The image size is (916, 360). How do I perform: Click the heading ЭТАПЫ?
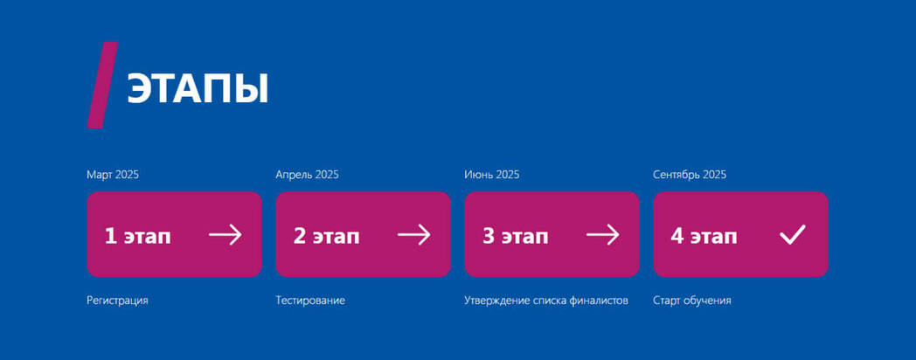[x=198, y=89]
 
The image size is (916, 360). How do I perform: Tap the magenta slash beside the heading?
[x=102, y=85]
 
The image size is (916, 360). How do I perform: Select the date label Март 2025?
[x=113, y=175]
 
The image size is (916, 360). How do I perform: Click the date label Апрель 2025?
[x=308, y=175]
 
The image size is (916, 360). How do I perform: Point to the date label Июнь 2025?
[x=492, y=175]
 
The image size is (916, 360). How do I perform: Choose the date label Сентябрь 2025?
[x=690, y=175]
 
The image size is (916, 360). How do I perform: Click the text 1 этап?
[x=138, y=236]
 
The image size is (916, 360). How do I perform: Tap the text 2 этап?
[x=327, y=236]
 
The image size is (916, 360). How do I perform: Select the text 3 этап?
[x=516, y=236]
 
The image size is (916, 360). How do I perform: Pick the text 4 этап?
[x=704, y=236]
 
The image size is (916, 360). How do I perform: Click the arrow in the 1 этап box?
[x=226, y=235]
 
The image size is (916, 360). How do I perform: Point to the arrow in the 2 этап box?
[x=414, y=235]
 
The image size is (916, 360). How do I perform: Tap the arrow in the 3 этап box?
[x=603, y=235]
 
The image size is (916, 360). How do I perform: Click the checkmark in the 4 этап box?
[x=792, y=235]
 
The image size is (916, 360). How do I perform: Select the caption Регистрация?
[x=117, y=301]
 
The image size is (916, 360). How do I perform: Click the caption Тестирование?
[x=310, y=301]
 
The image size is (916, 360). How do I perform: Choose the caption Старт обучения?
[x=692, y=301]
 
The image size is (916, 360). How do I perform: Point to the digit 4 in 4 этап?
[x=677, y=236]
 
